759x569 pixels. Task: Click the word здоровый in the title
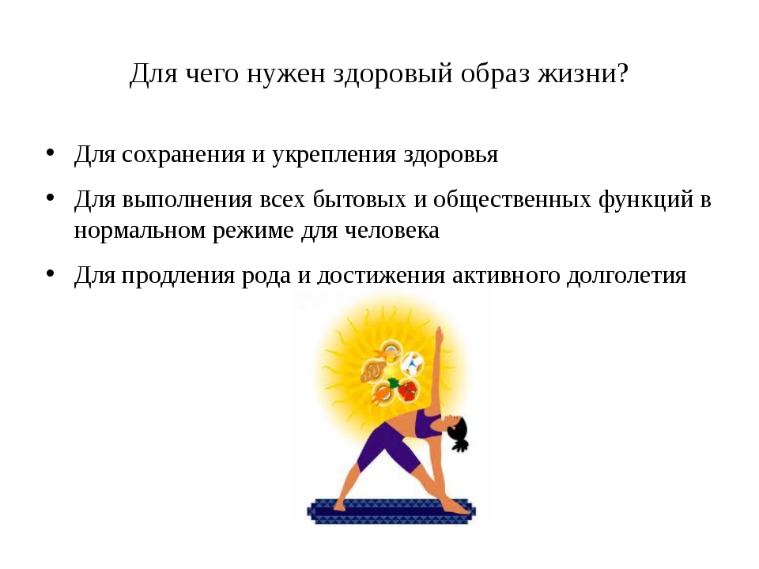point(393,74)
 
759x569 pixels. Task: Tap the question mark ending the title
point(622,73)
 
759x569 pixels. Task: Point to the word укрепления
point(334,156)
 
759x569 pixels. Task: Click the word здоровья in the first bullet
point(451,156)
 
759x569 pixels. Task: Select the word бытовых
point(359,199)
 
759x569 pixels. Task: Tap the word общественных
point(512,200)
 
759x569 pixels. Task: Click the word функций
point(646,200)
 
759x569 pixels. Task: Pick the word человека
point(392,231)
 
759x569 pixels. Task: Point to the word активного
point(506,275)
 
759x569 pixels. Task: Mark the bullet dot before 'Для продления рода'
point(50,274)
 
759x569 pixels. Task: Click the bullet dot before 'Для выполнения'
point(50,198)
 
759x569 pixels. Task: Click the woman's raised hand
point(439,333)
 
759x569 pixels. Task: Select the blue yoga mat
point(391,511)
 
